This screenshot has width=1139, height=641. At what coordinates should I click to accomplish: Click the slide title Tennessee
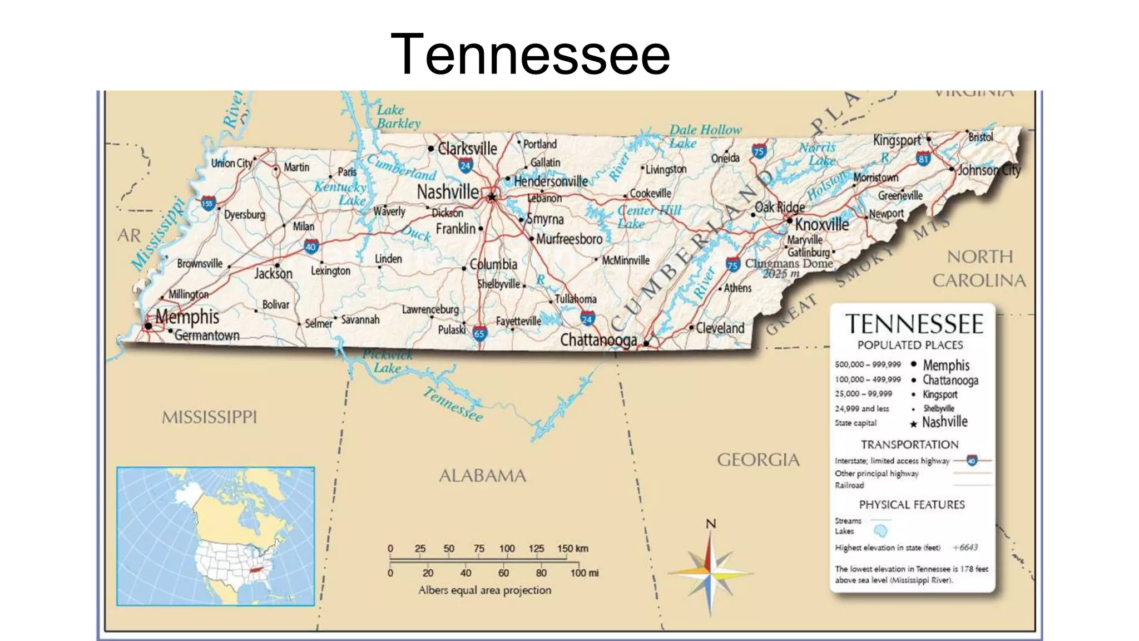coord(530,54)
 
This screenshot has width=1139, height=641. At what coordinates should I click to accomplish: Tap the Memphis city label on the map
coord(187,317)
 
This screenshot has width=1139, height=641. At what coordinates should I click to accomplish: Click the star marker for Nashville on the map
coord(492,196)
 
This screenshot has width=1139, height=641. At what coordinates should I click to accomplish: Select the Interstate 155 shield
coord(207,204)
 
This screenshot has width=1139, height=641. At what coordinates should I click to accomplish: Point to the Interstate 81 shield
coord(923,159)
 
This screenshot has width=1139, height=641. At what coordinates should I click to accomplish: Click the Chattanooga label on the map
coord(598,339)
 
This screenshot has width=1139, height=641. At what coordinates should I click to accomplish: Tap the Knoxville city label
coord(822,224)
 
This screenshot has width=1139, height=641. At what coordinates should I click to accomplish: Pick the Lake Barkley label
coord(398,117)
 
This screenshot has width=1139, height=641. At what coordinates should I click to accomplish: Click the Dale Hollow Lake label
coord(705,136)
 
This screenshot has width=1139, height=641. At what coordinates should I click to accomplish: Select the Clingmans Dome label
coord(789,263)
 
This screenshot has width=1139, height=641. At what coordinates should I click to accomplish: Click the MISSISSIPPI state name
coord(209,417)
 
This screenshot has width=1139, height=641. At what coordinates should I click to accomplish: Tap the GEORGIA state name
coord(758,460)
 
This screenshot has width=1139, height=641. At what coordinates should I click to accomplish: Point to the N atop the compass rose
coord(711,524)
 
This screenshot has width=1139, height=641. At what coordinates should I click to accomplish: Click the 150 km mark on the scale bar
coord(572,549)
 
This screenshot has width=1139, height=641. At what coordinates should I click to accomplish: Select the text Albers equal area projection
coord(484,590)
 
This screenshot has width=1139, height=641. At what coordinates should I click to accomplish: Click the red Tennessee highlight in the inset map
coord(255,570)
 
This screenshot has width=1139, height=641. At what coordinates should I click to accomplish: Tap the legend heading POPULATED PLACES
coord(910,345)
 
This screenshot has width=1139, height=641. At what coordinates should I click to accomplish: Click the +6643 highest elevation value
coord(965,548)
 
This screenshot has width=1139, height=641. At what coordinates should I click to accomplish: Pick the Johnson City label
coord(989,170)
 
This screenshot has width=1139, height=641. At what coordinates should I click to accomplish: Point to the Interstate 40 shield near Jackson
coord(311,246)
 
